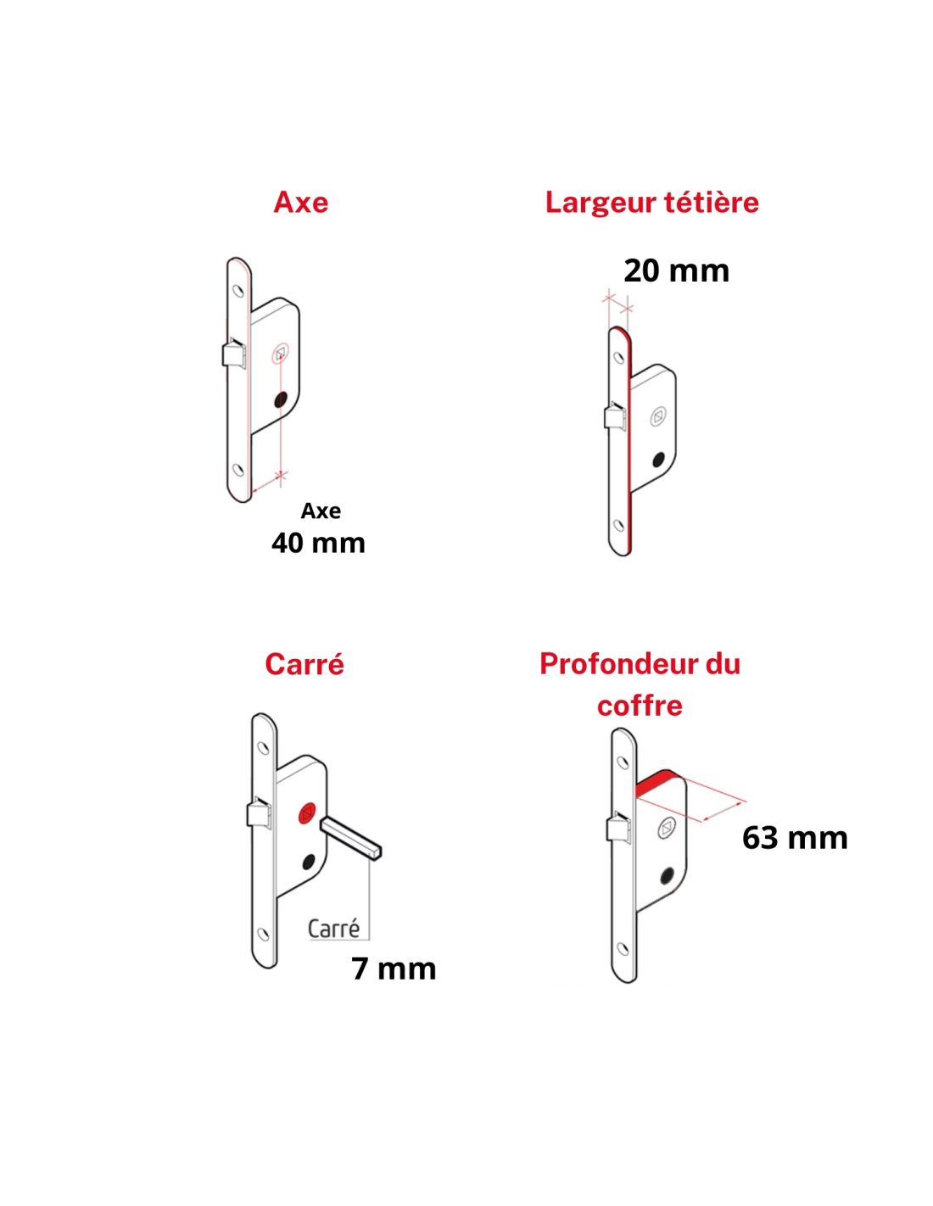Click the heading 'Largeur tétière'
(651, 202)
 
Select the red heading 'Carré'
(304, 664)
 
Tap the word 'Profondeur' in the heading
(616, 664)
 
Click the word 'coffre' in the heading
(640, 706)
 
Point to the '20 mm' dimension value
(676, 271)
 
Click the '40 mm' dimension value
(318, 543)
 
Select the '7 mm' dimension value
(394, 969)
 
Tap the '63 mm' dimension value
(794, 837)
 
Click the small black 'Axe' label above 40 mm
(321, 511)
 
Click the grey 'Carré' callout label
(333, 928)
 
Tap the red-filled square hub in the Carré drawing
(307, 813)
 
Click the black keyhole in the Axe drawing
(281, 399)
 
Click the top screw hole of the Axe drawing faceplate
(238, 291)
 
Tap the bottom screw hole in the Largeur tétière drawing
(619, 524)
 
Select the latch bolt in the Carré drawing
(259, 812)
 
